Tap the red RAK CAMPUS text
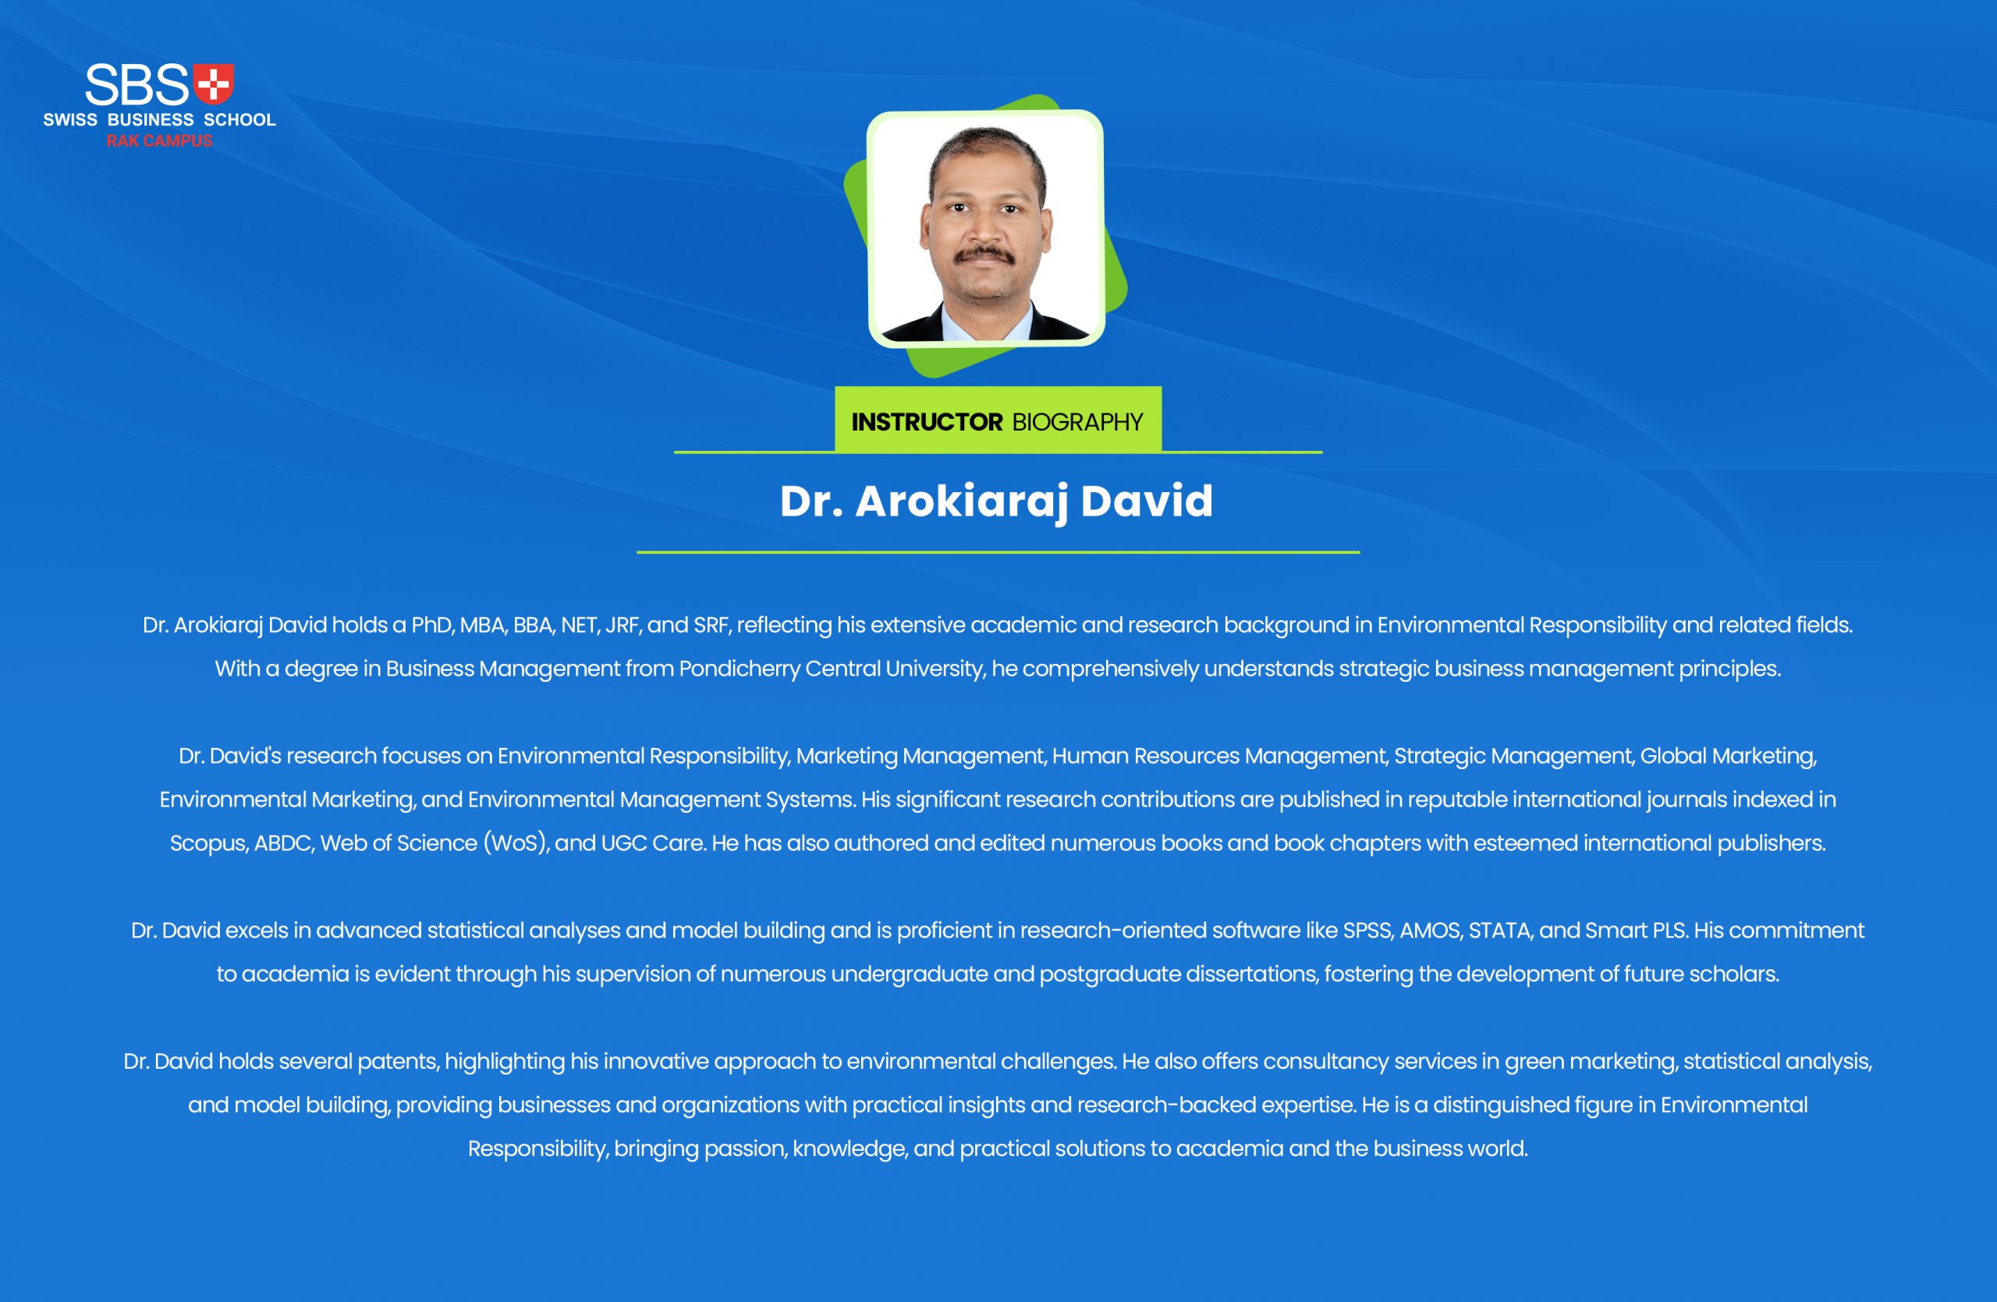tap(159, 141)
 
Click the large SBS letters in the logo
tap(137, 84)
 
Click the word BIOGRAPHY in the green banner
tap(1077, 421)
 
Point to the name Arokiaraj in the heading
tap(962, 502)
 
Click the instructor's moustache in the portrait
tap(986, 254)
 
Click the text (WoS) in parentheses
tap(516, 843)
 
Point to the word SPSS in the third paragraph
tap(1367, 931)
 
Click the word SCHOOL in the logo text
tap(240, 120)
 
